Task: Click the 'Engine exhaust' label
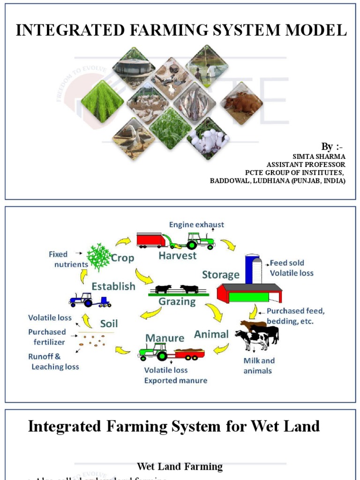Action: [196, 225]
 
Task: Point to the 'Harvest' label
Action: [177, 256]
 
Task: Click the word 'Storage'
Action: [220, 275]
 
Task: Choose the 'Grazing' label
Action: [177, 302]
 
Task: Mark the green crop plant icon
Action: [99, 256]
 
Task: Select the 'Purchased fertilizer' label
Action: [47, 337]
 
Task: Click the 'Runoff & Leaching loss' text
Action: [54, 361]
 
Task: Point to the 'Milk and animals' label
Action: [259, 366]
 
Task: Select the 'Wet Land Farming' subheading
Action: [180, 466]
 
